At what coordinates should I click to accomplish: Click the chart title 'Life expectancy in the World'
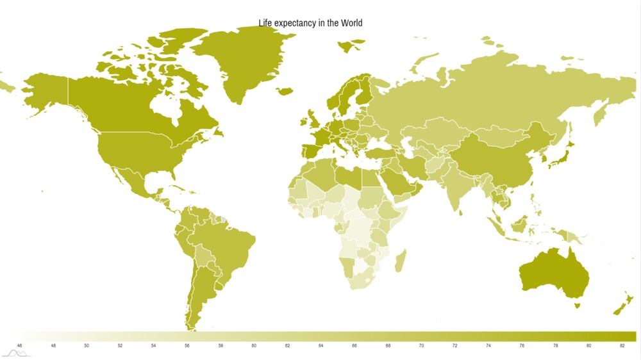click(310, 23)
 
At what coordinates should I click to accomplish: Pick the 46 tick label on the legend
click(19, 346)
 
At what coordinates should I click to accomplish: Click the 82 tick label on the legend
click(622, 346)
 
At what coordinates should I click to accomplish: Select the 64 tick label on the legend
click(320, 346)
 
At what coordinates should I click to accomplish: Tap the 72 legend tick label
click(454, 346)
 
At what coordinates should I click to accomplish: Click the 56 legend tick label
click(187, 346)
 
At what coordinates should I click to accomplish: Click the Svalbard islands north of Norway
click(350, 46)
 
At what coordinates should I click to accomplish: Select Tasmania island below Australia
click(576, 306)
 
